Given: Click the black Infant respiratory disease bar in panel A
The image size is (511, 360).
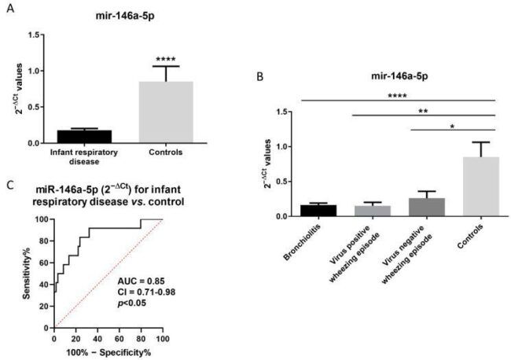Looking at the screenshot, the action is [x=84, y=137].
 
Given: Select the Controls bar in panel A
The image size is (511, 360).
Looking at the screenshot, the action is [x=166, y=112].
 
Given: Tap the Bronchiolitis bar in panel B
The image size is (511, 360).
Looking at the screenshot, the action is [x=318, y=211].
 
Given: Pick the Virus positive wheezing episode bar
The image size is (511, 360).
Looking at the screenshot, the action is [x=373, y=211].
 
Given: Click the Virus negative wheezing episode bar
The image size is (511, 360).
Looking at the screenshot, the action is [x=427, y=207].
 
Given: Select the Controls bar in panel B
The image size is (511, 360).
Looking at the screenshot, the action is [x=481, y=186].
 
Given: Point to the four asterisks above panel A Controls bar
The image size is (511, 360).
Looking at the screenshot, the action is [x=166, y=59].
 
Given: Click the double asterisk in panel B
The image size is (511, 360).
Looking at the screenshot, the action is [x=423, y=111].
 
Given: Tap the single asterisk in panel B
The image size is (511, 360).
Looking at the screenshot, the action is [x=452, y=127].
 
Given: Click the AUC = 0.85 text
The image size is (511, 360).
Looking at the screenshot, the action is [x=141, y=281].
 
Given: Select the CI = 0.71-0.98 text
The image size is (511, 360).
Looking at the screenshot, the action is [x=146, y=292].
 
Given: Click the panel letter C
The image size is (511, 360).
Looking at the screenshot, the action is [x=10, y=186].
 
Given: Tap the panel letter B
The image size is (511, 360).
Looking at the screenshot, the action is [x=259, y=77].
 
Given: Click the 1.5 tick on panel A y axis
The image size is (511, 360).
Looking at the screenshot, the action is [x=34, y=35].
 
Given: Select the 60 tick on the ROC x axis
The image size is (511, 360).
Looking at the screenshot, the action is [x=119, y=339].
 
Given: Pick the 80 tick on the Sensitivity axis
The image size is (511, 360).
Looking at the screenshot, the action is [x=46, y=241].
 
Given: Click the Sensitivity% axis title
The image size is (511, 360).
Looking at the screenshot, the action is [x=27, y=273].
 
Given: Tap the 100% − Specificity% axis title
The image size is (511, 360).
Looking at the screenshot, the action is [x=108, y=352].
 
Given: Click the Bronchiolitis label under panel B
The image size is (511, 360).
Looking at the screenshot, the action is [x=302, y=242].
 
